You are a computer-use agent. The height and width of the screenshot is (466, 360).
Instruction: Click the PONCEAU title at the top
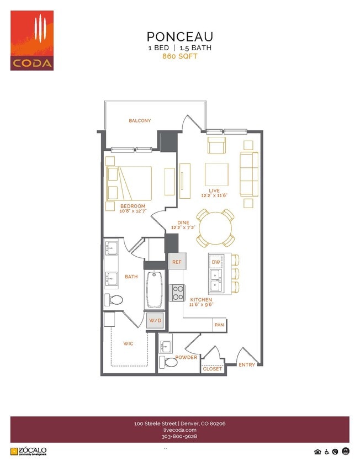(x=179, y=36)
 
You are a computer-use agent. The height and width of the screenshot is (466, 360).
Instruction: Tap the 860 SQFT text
(x=179, y=56)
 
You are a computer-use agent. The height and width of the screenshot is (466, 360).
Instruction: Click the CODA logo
(x=32, y=40)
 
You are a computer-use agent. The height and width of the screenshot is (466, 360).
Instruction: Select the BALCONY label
(x=140, y=120)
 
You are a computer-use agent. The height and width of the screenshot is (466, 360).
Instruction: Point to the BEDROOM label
(x=133, y=206)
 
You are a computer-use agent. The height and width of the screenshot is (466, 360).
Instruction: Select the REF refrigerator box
(x=177, y=262)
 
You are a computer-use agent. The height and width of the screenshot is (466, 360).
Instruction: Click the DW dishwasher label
(x=216, y=261)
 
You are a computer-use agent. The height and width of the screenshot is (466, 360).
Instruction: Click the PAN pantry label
(x=219, y=325)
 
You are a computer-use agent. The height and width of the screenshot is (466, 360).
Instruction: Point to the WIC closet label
(x=128, y=343)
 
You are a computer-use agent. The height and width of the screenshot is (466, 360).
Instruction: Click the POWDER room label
(x=186, y=357)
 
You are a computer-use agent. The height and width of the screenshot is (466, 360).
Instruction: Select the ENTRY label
(x=247, y=365)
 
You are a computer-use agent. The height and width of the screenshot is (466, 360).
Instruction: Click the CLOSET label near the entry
(x=212, y=369)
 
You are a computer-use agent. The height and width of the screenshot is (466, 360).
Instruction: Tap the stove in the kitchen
(x=177, y=292)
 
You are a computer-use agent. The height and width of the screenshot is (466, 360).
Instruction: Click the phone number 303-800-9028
(x=179, y=436)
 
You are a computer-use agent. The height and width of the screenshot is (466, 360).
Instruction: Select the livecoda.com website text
(x=179, y=430)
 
